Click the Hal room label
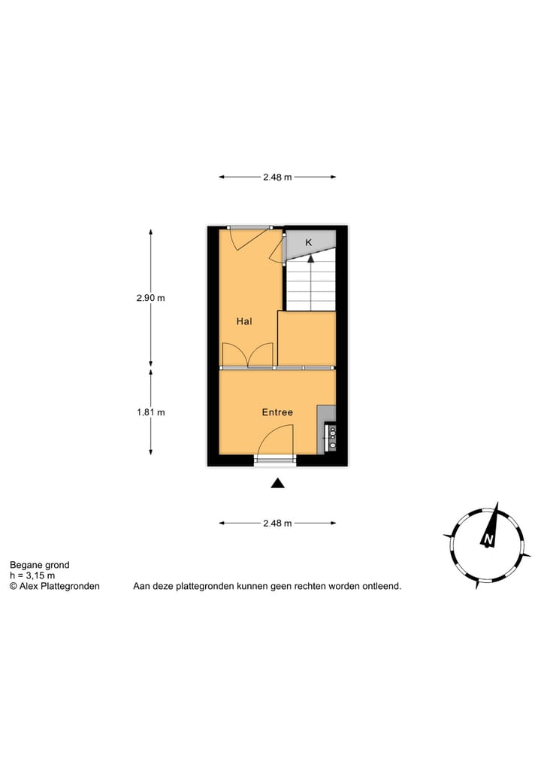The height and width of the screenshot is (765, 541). pyautogui.click(x=243, y=321)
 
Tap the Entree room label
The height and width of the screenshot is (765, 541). pyautogui.click(x=277, y=412)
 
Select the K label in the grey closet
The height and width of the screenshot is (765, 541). pyautogui.click(x=308, y=243)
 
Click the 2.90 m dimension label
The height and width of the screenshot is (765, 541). pyautogui.click(x=150, y=298)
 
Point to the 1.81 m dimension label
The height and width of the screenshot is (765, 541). pyautogui.click(x=150, y=412)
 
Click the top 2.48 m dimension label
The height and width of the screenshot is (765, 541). pyautogui.click(x=277, y=178)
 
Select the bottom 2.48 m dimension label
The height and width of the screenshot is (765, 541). pyautogui.click(x=277, y=524)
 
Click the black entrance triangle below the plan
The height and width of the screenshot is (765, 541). pyautogui.click(x=277, y=484)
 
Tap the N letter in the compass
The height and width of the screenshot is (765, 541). pyautogui.click(x=488, y=540)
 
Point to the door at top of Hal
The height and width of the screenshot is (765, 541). pyautogui.click(x=246, y=239)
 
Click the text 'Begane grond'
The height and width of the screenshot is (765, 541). pyautogui.click(x=39, y=565)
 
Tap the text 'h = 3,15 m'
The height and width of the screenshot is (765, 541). pyautogui.click(x=32, y=575)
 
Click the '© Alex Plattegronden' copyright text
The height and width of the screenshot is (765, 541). pyautogui.click(x=54, y=586)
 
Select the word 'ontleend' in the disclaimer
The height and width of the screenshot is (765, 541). pyautogui.click(x=382, y=586)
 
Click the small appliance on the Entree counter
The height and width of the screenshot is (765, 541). pyautogui.click(x=331, y=438)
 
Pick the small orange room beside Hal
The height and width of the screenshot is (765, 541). pyautogui.click(x=307, y=338)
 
